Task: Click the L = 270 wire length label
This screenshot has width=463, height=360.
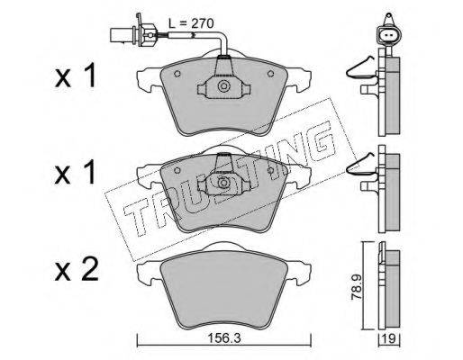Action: [x=191, y=23]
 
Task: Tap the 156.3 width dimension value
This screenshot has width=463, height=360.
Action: [x=224, y=338]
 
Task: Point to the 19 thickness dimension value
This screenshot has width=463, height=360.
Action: [x=389, y=339]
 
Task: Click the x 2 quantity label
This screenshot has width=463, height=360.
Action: [x=77, y=270]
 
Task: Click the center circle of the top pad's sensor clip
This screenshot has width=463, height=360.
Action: [x=223, y=86]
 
